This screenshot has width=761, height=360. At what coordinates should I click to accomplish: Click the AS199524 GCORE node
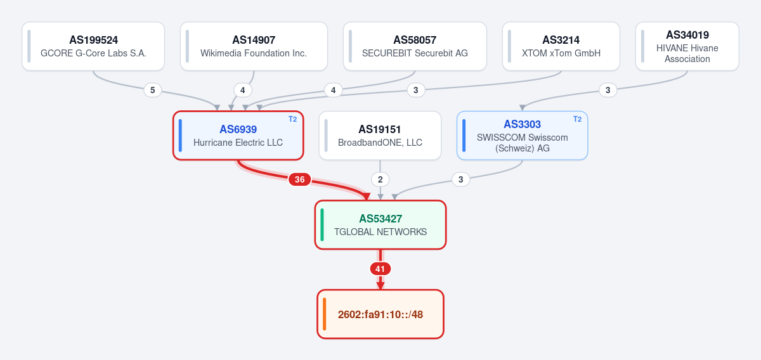point(93,46)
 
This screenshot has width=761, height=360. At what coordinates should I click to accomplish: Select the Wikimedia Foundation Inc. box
point(254,46)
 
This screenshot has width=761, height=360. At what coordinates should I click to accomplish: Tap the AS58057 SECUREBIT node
point(415,46)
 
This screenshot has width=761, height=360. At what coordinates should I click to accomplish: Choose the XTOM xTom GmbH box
point(561,46)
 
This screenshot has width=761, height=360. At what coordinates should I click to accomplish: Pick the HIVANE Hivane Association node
point(687,46)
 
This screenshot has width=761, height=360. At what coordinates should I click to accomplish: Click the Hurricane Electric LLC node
point(238,136)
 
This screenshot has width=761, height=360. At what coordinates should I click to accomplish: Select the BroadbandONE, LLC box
point(380,136)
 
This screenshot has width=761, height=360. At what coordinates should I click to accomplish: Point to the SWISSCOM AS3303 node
point(522,136)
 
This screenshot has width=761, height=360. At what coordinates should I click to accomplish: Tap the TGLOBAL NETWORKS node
point(380,225)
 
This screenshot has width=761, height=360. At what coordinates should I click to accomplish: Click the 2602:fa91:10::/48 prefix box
point(380,314)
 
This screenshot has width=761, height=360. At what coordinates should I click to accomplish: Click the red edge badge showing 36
point(299,179)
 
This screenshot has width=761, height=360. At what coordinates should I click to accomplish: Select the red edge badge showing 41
point(380,269)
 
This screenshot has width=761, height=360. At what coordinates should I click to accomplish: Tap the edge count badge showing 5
point(153,91)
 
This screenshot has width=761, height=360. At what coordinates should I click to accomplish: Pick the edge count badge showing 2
point(380,179)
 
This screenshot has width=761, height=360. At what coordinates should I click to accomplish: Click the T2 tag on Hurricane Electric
point(292,119)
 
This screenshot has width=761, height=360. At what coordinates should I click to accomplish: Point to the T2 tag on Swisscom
point(577,119)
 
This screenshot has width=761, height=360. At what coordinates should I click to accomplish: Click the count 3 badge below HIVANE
point(608,91)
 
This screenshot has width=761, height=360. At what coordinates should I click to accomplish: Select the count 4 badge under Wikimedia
point(242,91)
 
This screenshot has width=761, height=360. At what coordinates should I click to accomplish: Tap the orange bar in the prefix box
point(325,314)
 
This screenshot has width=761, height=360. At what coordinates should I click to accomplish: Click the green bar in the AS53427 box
point(322,225)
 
